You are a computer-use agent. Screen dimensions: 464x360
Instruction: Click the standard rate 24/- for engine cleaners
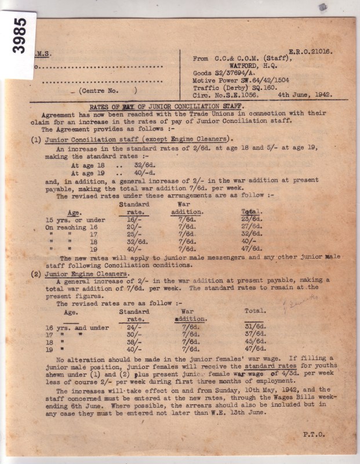(134, 327)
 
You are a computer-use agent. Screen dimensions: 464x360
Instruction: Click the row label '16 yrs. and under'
(74, 328)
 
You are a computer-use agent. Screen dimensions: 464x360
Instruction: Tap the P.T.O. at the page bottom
(316, 433)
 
